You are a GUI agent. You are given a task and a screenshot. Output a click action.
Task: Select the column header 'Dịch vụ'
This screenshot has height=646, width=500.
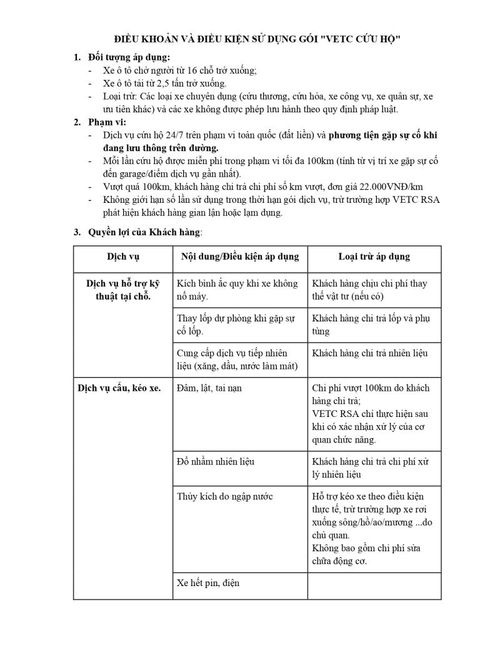tap(122, 257)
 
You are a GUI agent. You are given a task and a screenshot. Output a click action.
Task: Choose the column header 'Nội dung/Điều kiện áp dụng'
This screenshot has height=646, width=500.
tap(240, 257)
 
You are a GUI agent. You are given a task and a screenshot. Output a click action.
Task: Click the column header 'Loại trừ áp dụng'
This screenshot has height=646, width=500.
tap(374, 257)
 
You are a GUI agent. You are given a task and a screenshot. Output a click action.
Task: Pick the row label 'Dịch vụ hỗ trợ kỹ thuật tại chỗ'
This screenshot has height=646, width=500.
tap(122, 289)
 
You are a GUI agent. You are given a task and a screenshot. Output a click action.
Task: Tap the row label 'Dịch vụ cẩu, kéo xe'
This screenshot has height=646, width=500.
tap(119, 388)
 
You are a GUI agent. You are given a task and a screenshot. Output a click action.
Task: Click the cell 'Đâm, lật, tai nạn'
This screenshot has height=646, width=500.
tap(209, 388)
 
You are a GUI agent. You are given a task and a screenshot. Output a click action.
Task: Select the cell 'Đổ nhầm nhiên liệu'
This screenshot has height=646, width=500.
tap(216, 462)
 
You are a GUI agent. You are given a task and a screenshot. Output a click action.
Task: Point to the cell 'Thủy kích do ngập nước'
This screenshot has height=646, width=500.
tap(225, 497)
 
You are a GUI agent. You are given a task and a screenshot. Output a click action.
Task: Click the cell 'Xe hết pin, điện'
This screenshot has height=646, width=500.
tap(209, 583)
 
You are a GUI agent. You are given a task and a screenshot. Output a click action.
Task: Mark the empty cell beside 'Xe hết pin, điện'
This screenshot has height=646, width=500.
tap(374, 585)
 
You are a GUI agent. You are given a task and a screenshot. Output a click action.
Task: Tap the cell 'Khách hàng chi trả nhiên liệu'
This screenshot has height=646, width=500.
tap(370, 353)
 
